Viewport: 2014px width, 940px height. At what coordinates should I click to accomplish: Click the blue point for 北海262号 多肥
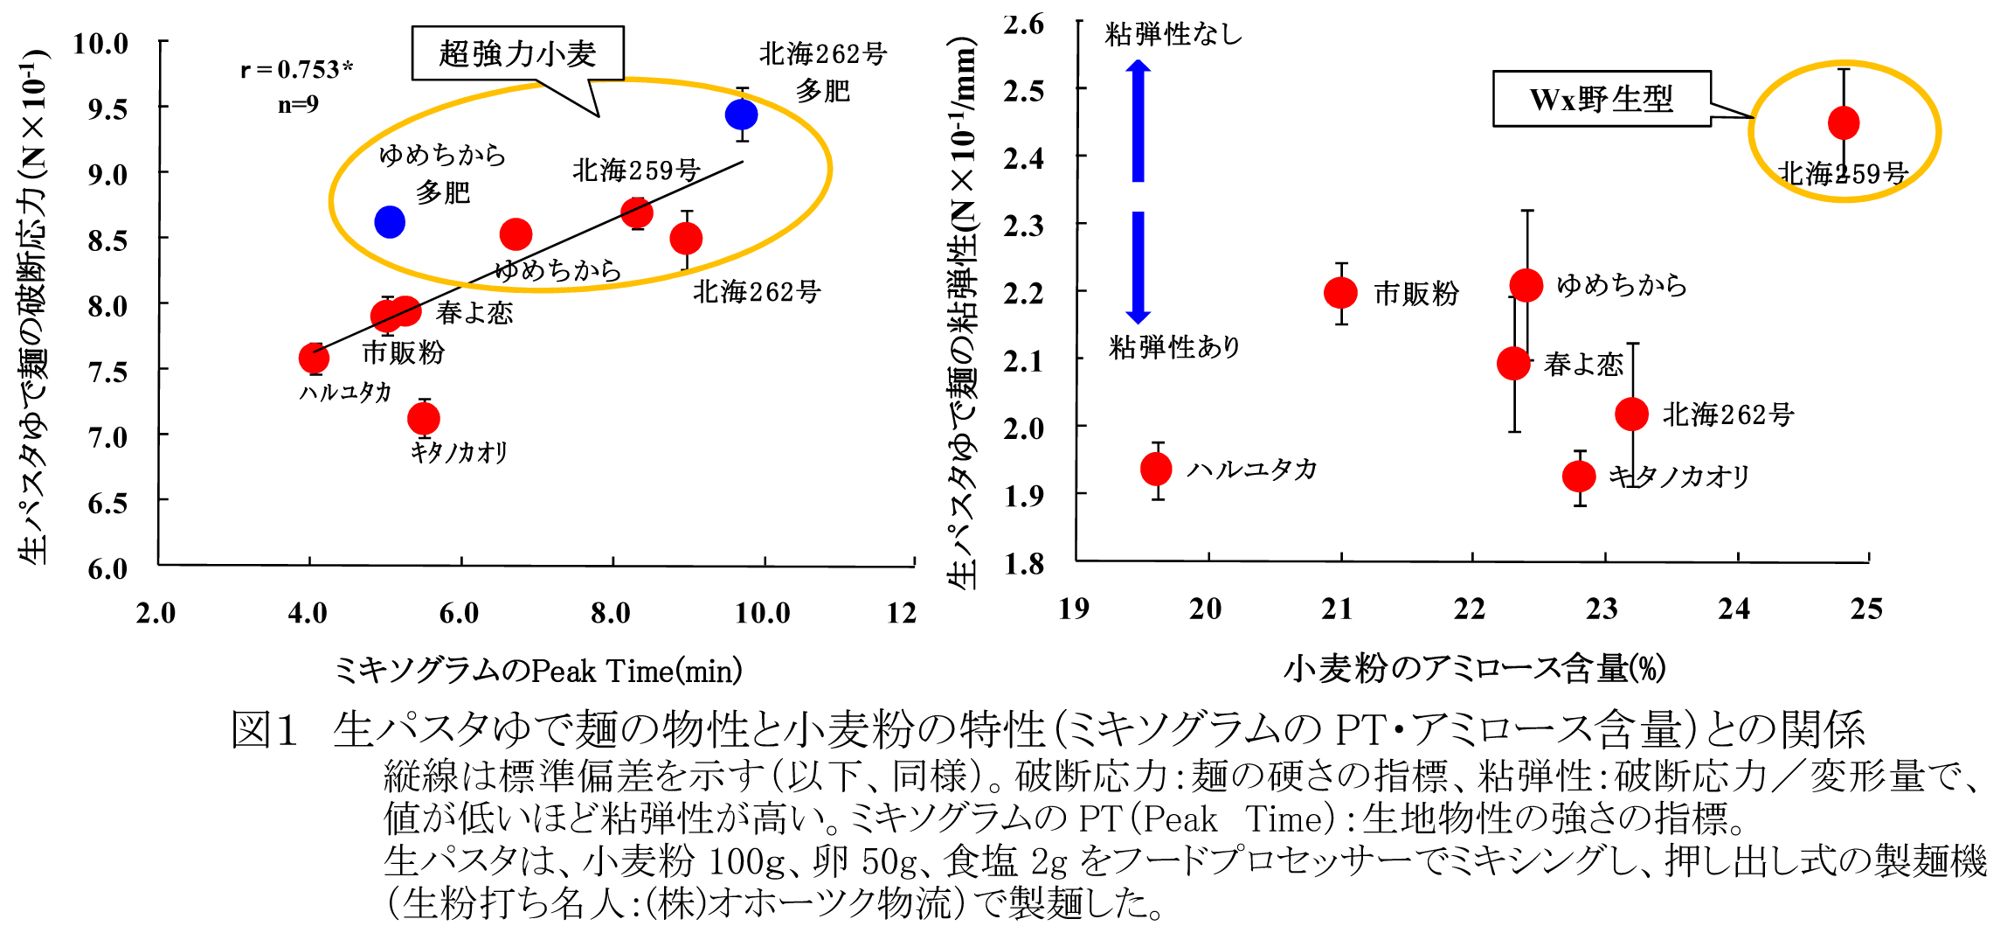741,115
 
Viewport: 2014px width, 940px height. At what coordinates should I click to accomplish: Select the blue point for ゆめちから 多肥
390,222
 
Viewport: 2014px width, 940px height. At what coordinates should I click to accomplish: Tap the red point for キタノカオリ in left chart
424,419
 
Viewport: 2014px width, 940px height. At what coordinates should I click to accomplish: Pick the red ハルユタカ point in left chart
314,358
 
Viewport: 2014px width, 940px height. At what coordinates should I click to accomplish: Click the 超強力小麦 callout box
517,54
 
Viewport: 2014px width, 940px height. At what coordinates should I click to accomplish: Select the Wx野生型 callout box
1601,99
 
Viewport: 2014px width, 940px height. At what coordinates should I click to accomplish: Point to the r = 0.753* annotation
297,69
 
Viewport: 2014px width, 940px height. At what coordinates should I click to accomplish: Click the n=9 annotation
298,105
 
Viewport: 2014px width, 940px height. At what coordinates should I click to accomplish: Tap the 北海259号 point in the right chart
1844,123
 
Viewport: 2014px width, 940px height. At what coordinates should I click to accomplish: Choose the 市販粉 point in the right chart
1341,293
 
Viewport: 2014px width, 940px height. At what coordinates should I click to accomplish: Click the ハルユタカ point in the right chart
1157,470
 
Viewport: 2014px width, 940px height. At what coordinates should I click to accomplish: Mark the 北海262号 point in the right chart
1632,414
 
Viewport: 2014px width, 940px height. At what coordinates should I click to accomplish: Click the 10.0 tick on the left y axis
100,43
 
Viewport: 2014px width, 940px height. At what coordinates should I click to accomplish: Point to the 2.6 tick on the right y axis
1024,24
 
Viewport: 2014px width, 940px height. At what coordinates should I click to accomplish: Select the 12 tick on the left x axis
902,613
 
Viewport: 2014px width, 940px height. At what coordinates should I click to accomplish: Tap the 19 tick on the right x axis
1074,609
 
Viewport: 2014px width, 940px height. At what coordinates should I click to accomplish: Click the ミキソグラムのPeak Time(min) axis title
538,671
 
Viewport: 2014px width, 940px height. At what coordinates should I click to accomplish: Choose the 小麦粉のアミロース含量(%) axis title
1474,669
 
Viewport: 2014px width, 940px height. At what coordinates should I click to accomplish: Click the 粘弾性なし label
1173,34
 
